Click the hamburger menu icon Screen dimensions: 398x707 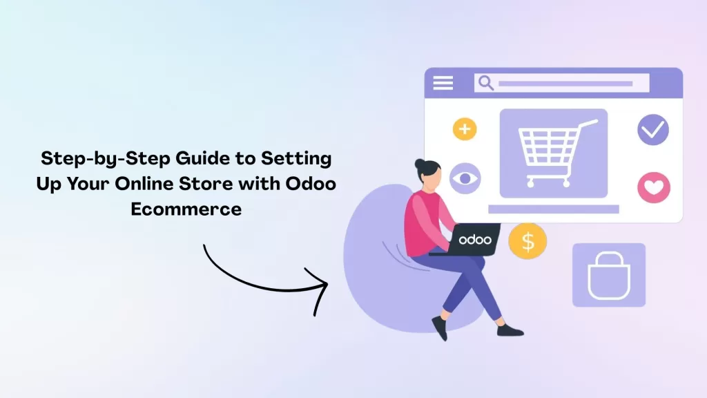443,83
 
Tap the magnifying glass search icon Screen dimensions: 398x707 486,83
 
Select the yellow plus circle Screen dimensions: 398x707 465,129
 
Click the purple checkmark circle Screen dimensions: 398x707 652,129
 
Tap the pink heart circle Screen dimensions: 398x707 653,187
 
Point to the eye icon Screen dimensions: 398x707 465,179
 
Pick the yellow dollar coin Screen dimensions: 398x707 527,241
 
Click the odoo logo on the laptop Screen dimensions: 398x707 475,240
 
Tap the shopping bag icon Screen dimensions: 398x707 608,275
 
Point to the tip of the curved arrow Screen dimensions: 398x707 327,284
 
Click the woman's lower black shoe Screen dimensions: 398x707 510,330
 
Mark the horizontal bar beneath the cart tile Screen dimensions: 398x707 553,209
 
